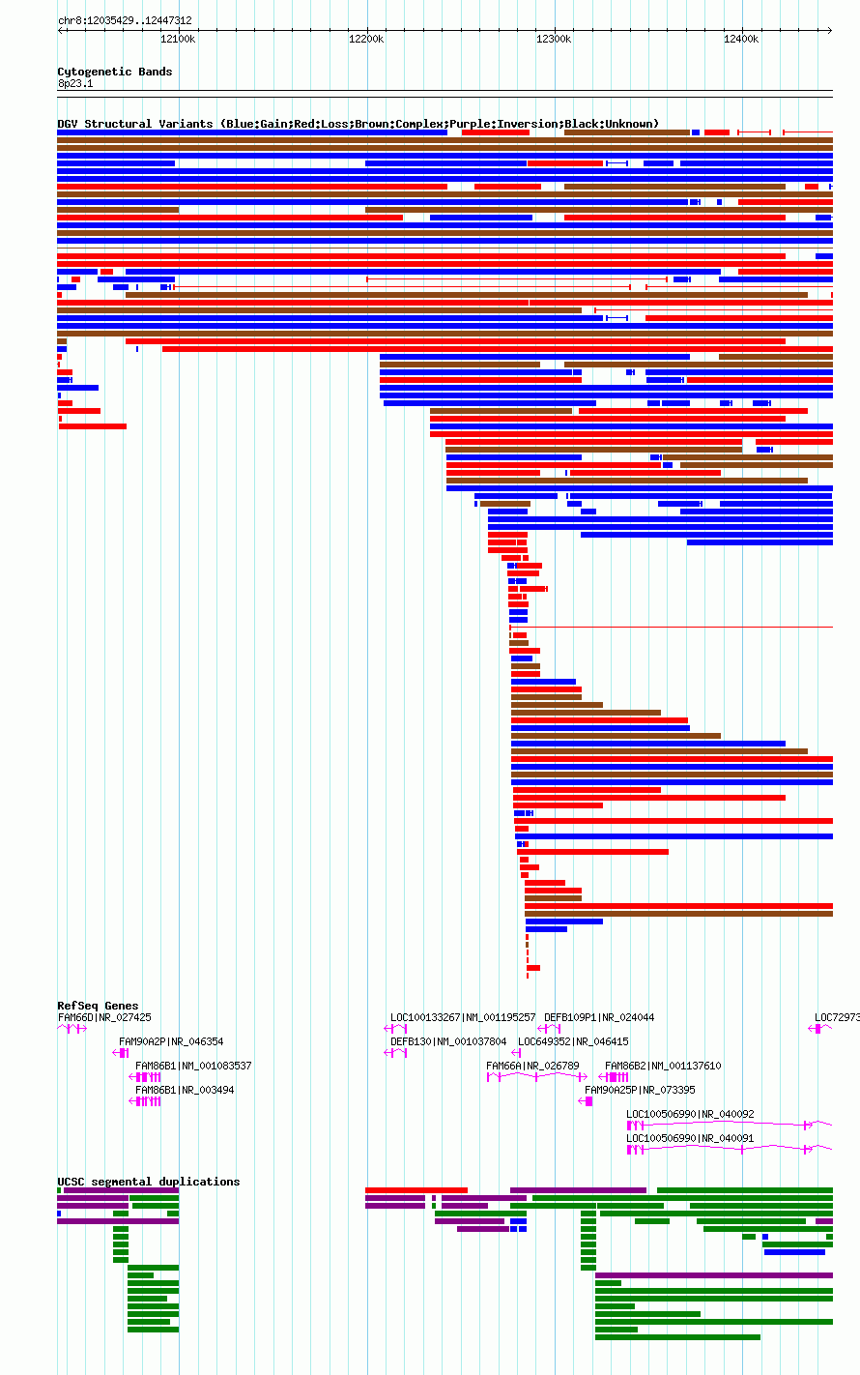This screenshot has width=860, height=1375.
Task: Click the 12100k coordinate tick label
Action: point(178,40)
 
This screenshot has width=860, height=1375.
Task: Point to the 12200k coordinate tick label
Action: point(366,40)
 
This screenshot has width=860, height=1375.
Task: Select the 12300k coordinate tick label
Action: point(554,40)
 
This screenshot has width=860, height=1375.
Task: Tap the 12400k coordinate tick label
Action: point(741,40)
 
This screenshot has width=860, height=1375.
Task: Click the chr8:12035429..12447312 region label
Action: point(125,20)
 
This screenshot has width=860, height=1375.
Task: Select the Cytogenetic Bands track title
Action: point(114,72)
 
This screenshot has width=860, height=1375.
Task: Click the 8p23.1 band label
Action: point(75,83)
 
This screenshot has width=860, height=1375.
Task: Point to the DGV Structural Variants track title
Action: point(358,124)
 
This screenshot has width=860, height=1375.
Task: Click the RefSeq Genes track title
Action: point(98,1006)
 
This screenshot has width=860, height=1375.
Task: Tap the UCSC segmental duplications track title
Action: point(148,1182)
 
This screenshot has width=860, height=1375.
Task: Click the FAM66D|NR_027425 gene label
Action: point(104,1017)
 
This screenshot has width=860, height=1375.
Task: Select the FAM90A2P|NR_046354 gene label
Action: point(171,1041)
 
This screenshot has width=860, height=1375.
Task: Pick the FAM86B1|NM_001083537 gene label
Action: point(193,1066)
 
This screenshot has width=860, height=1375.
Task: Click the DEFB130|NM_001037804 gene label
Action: point(448,1041)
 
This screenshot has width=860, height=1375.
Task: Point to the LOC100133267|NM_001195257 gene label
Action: point(463,1017)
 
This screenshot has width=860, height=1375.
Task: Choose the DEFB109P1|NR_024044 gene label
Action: point(599,1017)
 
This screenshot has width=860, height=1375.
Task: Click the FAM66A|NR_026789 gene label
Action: point(532,1066)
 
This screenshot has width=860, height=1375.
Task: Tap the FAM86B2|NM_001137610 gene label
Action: point(663,1066)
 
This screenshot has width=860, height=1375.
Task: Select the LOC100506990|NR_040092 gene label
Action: point(690,1114)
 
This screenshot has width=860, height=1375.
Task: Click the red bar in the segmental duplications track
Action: point(416,1190)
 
